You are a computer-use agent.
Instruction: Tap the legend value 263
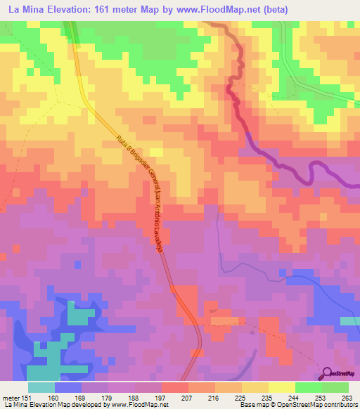[x=348, y=398]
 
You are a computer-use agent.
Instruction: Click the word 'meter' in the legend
[x=10, y=398]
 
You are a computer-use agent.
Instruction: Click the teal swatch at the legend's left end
[x=41, y=387]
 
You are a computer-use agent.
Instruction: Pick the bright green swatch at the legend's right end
[x=335, y=387]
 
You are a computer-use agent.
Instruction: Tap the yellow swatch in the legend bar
[x=282, y=387]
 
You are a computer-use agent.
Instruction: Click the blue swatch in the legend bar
[x=68, y=387]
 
